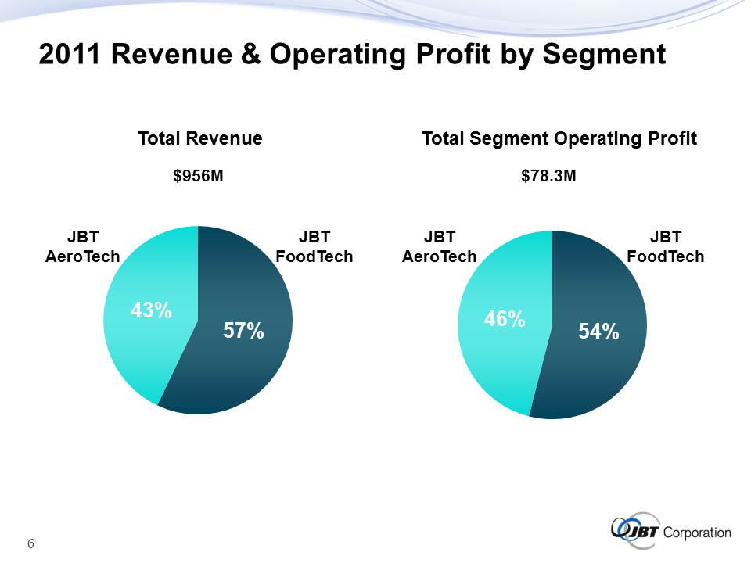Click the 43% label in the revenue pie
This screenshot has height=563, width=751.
click(151, 310)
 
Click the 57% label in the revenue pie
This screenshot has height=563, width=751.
click(243, 332)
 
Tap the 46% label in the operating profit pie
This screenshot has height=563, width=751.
click(504, 318)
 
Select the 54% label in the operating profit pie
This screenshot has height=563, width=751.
click(598, 332)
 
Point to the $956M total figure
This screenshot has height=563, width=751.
click(199, 177)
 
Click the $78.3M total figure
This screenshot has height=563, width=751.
click(549, 177)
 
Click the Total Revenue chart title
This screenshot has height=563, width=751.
click(199, 139)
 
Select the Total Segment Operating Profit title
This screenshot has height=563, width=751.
click(559, 139)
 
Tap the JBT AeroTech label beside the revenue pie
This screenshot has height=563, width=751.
click(83, 246)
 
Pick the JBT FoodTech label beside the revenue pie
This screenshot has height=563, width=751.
click(314, 246)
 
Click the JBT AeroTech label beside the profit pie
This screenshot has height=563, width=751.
click(440, 246)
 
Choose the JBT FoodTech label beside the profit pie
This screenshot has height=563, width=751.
click(666, 246)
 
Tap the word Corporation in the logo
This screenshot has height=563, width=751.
click(697, 533)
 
